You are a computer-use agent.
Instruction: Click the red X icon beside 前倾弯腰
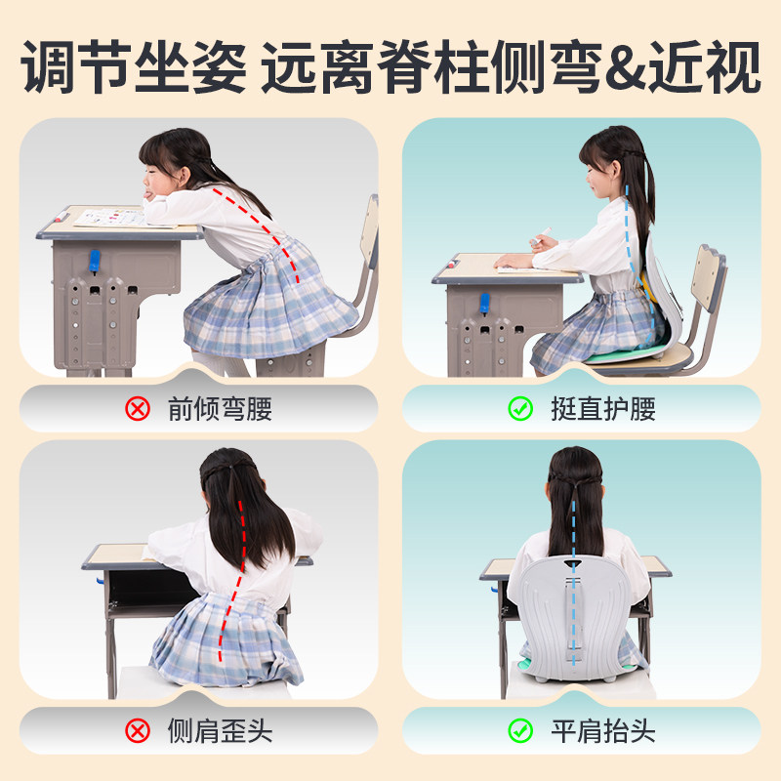click(138, 409)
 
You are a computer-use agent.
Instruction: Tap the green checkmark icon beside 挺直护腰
click(520, 409)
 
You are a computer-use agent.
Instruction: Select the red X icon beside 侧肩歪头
click(138, 731)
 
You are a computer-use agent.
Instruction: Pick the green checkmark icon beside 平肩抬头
click(520, 731)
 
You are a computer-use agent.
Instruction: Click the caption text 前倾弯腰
click(220, 409)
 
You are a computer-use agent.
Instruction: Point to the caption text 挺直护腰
click(603, 409)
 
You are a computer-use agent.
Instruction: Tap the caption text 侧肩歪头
click(220, 731)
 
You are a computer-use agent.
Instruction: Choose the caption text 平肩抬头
click(603, 731)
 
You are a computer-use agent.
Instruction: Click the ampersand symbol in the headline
click(626, 67)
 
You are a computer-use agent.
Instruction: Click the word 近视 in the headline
click(704, 66)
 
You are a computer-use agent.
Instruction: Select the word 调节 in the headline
click(76, 66)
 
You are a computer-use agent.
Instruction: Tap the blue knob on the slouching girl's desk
click(94, 262)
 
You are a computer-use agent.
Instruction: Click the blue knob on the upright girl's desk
click(484, 304)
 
